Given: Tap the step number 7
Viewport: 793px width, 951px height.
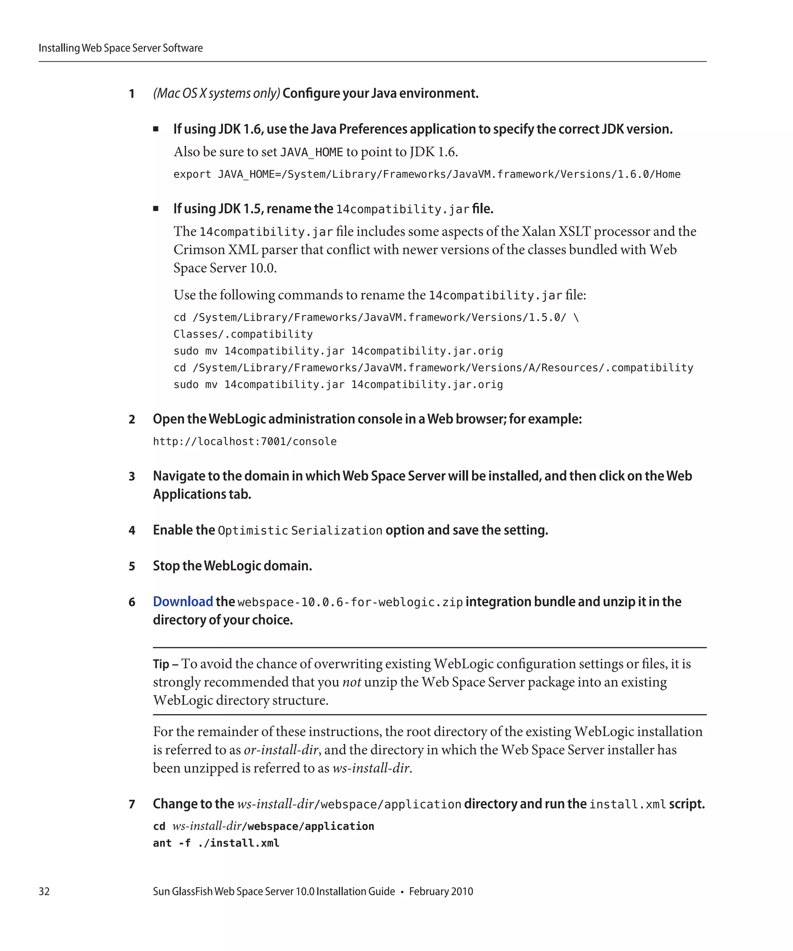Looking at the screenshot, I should pos(132,804).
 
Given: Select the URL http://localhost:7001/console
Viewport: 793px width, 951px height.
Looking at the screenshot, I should pos(245,441).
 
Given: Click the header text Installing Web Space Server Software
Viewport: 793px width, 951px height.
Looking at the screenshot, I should pos(120,48).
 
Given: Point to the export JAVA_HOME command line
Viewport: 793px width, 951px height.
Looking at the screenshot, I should pos(427,174).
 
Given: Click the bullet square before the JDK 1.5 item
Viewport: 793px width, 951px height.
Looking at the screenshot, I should pos(156,209).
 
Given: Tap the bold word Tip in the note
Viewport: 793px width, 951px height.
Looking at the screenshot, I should pos(161,664).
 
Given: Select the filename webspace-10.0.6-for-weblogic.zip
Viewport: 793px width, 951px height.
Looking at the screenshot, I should pos(350,602).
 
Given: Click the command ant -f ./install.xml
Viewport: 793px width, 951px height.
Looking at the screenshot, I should pos(216,843).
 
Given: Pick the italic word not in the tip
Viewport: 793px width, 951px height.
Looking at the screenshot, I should pos(351,682).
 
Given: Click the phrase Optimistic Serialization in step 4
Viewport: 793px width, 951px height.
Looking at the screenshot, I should pos(300,531).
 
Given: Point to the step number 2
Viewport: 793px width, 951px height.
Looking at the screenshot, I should pos(132,419).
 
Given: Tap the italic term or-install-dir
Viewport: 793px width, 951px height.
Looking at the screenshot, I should pos(281,750).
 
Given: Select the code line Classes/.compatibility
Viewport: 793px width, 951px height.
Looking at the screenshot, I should pos(243,334).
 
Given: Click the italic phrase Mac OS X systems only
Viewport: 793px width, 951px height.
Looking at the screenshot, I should pos(216,93).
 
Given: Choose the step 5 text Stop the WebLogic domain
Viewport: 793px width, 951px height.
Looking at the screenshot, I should pos(232,566).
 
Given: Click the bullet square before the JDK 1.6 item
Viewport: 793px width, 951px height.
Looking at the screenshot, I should pos(156,129).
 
